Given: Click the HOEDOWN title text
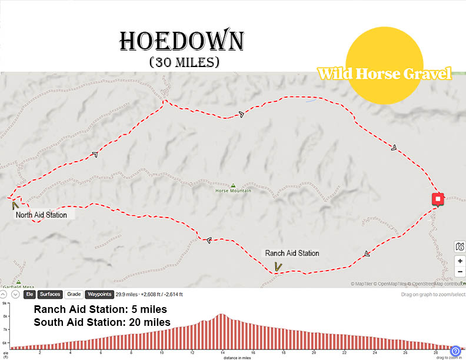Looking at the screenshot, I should (181, 41).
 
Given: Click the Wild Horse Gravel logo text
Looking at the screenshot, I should (385, 74).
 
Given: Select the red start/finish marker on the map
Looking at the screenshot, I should (438, 199).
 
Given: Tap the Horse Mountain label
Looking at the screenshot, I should (233, 191).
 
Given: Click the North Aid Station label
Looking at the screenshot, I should (41, 215).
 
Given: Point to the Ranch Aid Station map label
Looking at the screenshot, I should (292, 254).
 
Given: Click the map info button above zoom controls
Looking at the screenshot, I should (460, 246).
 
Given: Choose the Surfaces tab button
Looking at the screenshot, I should (50, 294).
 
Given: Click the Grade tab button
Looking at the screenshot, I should (74, 294).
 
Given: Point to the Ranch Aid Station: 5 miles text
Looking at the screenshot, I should (101, 309).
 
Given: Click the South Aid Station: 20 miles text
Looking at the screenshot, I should (102, 322).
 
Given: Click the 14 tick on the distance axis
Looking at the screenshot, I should (222, 354).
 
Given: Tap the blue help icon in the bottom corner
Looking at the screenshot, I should (455, 351).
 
